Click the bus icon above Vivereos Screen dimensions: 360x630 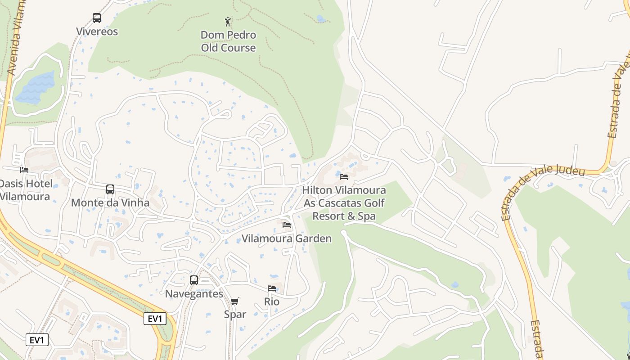97,18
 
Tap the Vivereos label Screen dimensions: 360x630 97,31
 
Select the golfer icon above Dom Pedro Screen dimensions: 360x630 228,21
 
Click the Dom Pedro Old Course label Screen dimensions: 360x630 228,41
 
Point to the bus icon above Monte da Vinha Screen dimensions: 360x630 110,189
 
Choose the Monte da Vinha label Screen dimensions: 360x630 110,202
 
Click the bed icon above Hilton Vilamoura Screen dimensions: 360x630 344,176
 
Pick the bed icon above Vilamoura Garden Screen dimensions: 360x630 287,225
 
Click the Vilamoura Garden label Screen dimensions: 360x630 287,238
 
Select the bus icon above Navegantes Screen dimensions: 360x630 194,280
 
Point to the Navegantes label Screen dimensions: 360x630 194,294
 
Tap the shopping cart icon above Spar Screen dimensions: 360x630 235,301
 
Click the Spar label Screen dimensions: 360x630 235,314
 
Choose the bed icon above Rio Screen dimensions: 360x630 272,288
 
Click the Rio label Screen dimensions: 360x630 272,301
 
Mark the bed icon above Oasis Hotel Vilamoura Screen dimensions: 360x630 24,170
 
